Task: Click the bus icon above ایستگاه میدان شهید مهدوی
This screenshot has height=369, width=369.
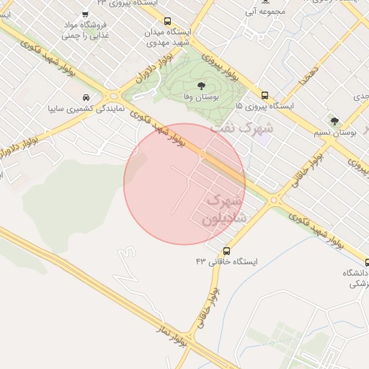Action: click(168, 22)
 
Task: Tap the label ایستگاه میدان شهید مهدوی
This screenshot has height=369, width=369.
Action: click(168, 37)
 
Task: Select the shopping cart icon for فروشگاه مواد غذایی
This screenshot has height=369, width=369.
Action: click(85, 14)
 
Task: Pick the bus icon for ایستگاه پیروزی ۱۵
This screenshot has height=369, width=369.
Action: click(264, 95)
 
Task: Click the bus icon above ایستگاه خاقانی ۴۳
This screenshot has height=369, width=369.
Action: click(227, 251)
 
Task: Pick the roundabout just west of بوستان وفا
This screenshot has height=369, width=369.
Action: click(113, 95)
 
